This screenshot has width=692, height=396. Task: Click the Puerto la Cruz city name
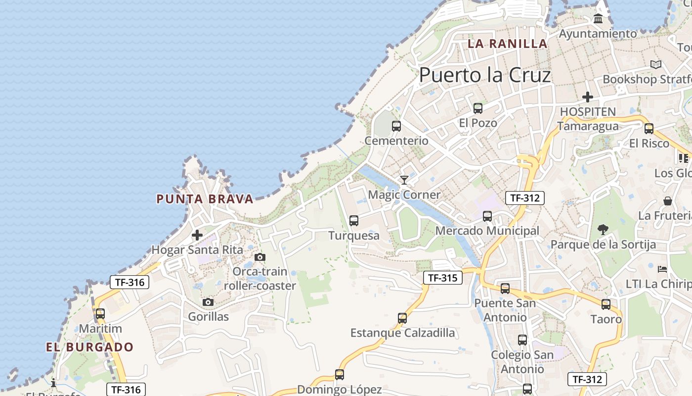pos(485,75)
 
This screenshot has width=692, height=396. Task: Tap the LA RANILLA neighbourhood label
pos(508,44)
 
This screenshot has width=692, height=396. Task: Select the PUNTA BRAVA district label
pos(205,199)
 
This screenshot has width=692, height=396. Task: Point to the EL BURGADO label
pos(90,347)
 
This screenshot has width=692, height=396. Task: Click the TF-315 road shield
pos(442,278)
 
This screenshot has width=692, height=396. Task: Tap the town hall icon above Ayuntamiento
pos(598,19)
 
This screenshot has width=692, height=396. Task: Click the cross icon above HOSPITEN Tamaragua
pos(587,97)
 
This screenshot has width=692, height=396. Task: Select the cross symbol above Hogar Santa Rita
pos(197,235)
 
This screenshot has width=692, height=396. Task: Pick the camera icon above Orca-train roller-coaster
pos(259,257)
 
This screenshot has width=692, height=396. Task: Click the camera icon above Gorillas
pos(208,302)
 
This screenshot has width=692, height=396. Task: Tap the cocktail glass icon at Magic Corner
pos(404,180)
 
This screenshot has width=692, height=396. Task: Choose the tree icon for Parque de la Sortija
pos(603,229)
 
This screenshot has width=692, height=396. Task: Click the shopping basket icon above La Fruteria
pos(668,201)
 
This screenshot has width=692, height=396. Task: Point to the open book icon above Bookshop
pos(656,64)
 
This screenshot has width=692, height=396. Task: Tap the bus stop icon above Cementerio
pos(396,126)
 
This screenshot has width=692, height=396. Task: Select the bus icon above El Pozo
pos(477,108)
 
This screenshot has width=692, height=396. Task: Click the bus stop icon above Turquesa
pos(354,221)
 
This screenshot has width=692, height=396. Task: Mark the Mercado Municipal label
pos(487,231)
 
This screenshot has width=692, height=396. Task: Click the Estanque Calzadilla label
pos(402,333)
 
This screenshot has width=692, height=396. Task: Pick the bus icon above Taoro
pos(606,304)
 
